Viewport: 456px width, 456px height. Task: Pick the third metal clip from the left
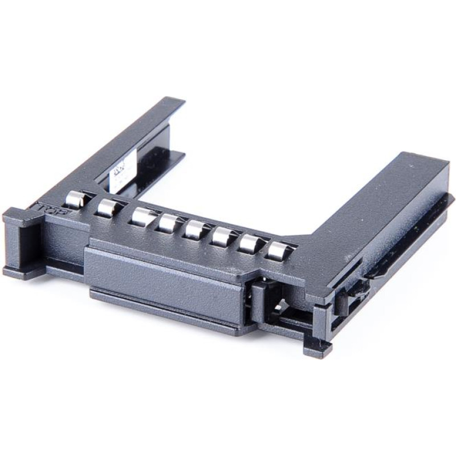pyautogui.click(x=141, y=217)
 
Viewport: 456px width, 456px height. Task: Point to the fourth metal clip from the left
pyautogui.click(x=169, y=223)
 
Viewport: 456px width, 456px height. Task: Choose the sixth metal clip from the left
pyautogui.click(x=222, y=236)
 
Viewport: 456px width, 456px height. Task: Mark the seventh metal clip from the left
pyautogui.click(x=250, y=243)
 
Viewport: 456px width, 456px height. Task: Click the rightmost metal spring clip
pyautogui.click(x=278, y=250)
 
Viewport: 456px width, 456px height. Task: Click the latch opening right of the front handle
pyautogui.click(x=272, y=302)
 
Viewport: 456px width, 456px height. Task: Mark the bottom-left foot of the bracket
pyautogui.click(x=17, y=271)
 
